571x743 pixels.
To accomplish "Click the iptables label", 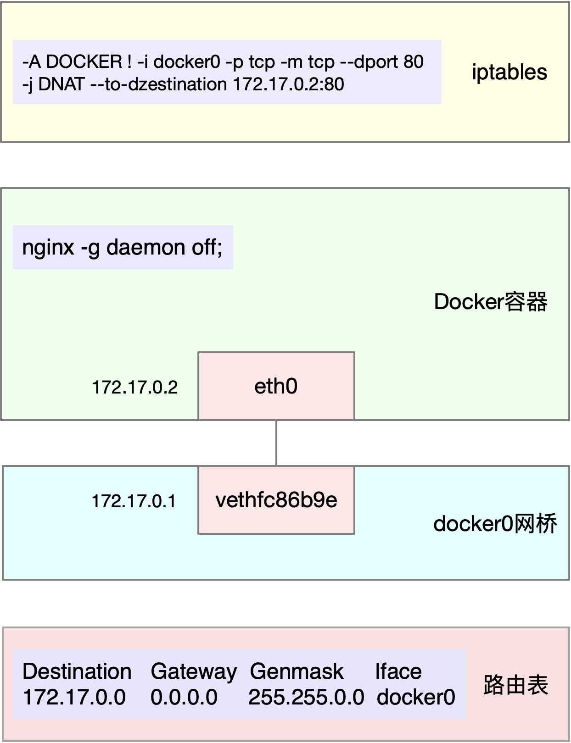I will click(509, 72).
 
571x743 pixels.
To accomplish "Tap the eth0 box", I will click(276, 386).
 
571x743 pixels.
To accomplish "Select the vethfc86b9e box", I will click(276, 500).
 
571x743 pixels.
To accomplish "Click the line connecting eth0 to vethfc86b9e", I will click(276, 443).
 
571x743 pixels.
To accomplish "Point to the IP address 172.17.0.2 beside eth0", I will click(134, 388).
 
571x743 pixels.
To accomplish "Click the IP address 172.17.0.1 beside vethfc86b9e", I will click(134, 501).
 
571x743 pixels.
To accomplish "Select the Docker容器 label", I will click(490, 302).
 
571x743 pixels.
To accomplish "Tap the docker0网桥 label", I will click(495, 524).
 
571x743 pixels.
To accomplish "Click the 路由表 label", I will click(515, 685).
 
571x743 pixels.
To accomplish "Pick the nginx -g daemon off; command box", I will click(123, 248).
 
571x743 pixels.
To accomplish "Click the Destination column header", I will click(77, 671).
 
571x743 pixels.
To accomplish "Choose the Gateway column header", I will click(193, 671).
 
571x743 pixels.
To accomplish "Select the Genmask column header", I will click(297, 671).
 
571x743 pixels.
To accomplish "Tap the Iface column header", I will click(398, 671).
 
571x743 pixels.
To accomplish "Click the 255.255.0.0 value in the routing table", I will click(306, 697).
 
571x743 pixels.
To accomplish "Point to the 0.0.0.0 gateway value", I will click(184, 697).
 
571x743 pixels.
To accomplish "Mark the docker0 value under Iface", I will click(416, 697).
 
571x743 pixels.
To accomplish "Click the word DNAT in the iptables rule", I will click(62, 84).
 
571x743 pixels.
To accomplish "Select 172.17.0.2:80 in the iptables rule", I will click(288, 84).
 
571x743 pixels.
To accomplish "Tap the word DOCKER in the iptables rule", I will click(84, 61).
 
